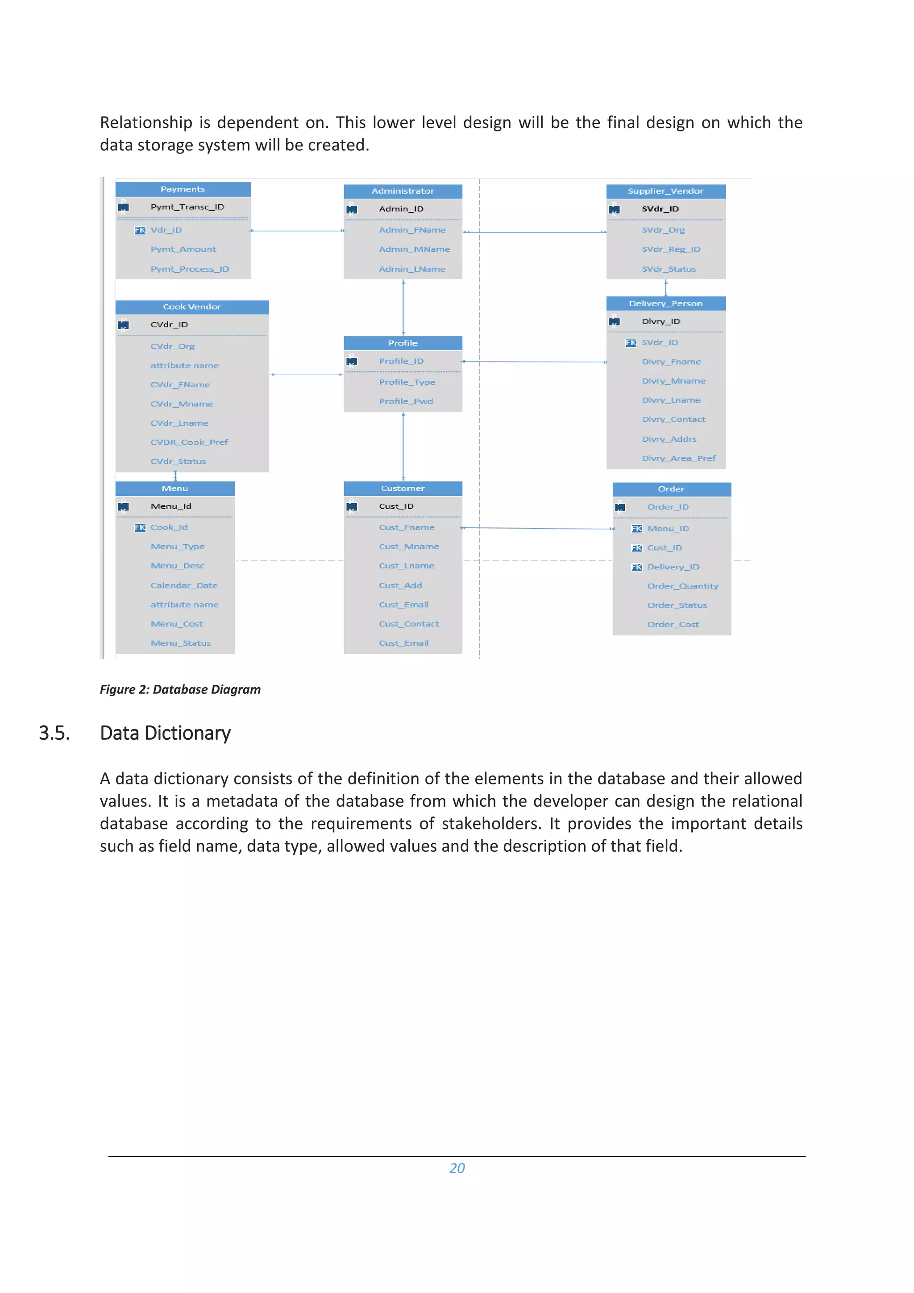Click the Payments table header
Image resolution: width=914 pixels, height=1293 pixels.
(x=183, y=189)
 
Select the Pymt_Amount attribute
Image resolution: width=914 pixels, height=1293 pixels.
(x=183, y=249)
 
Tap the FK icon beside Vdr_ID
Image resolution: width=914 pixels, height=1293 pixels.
(x=140, y=230)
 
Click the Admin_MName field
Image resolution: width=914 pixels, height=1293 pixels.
(x=414, y=249)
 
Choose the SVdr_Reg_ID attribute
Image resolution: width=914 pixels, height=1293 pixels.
(x=670, y=249)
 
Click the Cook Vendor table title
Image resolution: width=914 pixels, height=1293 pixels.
(x=191, y=307)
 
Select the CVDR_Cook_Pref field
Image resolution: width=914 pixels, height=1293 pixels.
(x=189, y=442)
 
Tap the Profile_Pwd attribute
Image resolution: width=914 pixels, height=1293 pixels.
(x=406, y=401)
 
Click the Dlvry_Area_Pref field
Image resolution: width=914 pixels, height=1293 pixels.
(x=678, y=458)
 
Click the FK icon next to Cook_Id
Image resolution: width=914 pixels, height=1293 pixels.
(x=140, y=528)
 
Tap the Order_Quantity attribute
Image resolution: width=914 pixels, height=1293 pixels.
(x=682, y=586)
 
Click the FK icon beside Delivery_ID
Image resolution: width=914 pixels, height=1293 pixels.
(x=636, y=567)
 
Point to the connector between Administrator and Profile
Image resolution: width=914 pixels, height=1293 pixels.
(x=403, y=307)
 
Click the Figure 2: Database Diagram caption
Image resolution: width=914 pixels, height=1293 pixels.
(x=180, y=689)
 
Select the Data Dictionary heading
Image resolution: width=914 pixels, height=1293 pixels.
(x=165, y=733)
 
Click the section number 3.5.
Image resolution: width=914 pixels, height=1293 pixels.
(x=54, y=733)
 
